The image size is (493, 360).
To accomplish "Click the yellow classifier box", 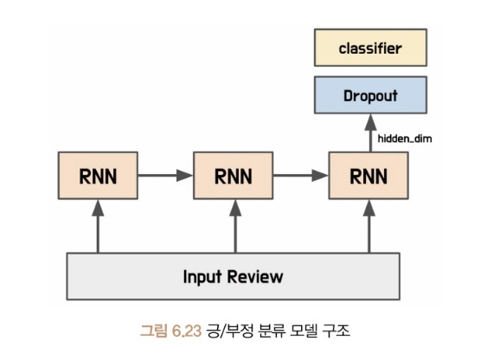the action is [x=370, y=48].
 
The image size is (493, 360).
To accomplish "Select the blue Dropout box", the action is [x=370, y=94].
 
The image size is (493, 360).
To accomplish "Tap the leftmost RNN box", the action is [x=98, y=176].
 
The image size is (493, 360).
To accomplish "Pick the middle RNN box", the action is [x=233, y=176].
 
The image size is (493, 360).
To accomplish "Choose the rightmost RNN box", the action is [x=368, y=176].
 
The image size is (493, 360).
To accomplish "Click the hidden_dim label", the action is [x=405, y=138].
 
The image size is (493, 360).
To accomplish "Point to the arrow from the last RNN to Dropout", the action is [x=370, y=132].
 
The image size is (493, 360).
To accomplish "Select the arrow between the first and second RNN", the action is [x=165, y=176].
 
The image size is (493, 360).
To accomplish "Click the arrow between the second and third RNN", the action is [x=301, y=176].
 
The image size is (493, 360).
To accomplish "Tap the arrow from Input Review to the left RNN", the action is [x=98, y=226].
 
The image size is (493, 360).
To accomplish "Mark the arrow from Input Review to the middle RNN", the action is [x=235, y=226].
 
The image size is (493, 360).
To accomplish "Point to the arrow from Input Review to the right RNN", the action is [x=369, y=226].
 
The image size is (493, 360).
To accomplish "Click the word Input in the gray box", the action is [x=202, y=277].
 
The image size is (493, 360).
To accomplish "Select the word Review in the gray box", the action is [x=255, y=277].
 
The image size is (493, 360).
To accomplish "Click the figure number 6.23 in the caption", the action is [x=187, y=331].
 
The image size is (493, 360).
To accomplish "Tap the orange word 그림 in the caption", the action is [x=153, y=331].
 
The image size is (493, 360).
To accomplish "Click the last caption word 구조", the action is [x=336, y=331].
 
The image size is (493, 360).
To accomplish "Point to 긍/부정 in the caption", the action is [x=230, y=331].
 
